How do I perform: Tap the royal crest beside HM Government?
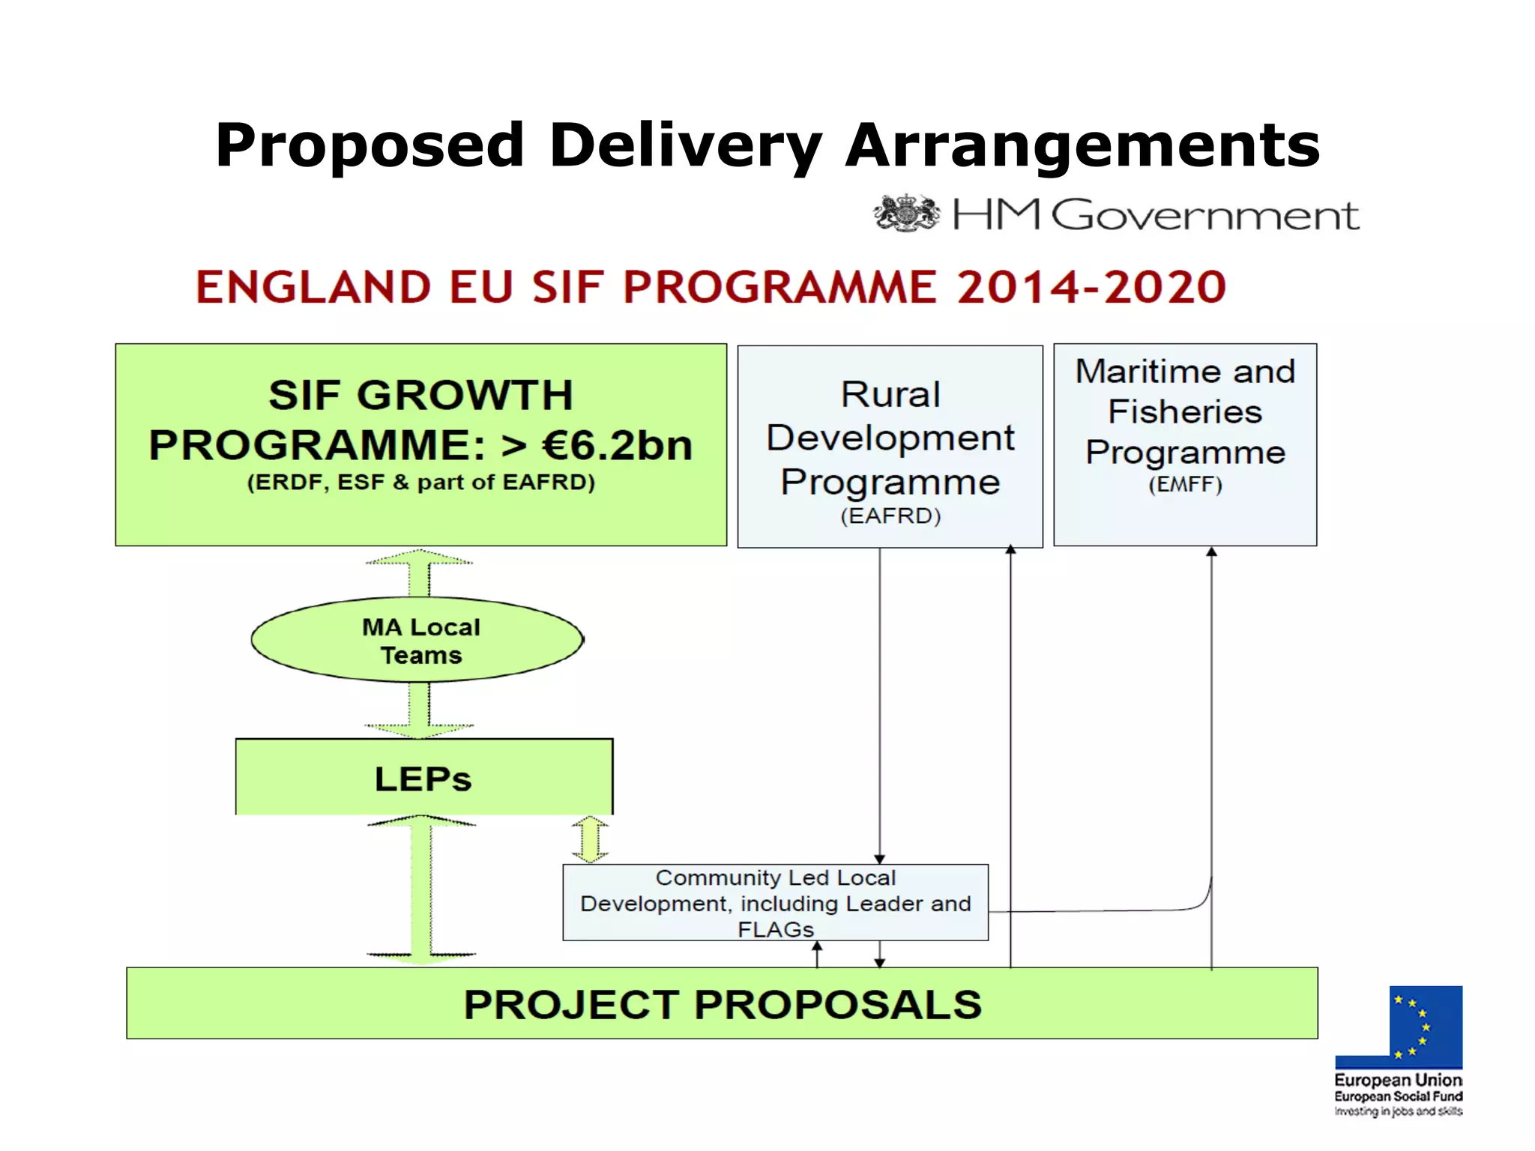pos(906,214)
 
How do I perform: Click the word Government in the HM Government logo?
pos(1204,216)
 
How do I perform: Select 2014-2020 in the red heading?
pos(1091,287)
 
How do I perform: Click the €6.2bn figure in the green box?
pos(617,445)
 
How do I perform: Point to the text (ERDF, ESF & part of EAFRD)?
pos(421,483)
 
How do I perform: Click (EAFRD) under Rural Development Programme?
pos(890,516)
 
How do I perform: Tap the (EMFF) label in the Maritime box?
pos(1185,485)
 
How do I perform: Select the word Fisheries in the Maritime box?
pos(1185,412)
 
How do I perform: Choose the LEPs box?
pos(423,779)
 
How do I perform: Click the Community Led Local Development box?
pos(775,902)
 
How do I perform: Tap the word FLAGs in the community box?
pos(775,930)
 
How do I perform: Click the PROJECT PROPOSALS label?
pos(722,1004)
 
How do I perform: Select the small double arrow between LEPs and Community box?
pos(591,839)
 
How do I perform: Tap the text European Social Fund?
pos(1398,1096)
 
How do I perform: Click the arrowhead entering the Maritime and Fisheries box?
pos(1211,552)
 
